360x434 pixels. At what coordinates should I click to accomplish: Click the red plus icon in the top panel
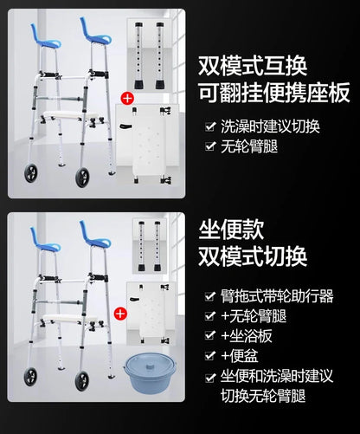127,99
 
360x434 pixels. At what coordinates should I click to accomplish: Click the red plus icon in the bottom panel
120,314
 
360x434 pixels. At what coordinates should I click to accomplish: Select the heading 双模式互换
253,66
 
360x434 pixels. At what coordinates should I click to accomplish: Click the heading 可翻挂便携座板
274,93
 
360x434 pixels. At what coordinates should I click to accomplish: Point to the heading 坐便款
231,230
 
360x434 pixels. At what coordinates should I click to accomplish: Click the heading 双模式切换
253,256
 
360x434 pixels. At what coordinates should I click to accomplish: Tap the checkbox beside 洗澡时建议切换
210,126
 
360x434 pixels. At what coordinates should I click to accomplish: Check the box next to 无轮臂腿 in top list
210,146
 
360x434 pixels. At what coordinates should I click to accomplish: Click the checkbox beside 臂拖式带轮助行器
209,296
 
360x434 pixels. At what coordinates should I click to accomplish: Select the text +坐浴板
247,336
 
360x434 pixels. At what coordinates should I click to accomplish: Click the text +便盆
240,356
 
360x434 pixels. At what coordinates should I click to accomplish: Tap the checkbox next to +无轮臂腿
209,316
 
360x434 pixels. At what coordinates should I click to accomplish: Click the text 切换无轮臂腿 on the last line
263,396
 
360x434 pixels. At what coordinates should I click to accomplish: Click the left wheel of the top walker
31,173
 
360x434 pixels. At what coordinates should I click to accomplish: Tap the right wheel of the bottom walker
82,381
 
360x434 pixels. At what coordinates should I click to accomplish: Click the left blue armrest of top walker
45,37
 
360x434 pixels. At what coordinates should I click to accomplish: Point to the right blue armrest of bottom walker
94,235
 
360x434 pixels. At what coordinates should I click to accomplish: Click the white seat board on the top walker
69,116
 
